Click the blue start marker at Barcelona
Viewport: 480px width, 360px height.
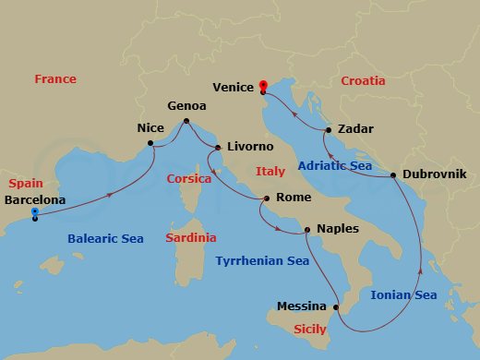(34, 213)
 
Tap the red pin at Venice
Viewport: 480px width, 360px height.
(263, 87)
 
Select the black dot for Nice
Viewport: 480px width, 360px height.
(150, 143)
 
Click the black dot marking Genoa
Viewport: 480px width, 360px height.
(186, 121)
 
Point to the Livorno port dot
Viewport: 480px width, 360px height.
(218, 148)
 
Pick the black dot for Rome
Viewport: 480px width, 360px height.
(267, 198)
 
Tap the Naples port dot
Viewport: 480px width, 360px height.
(307, 229)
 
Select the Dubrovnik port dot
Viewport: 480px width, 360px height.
(393, 174)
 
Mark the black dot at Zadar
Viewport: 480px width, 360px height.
(328, 131)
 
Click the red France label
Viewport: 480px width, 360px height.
(55, 79)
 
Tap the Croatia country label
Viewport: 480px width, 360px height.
(363, 81)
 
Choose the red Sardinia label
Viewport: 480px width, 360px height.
(191, 237)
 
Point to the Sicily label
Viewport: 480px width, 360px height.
(309, 329)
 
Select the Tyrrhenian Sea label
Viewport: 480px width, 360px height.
(262, 261)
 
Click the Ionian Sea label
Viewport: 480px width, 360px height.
(403, 295)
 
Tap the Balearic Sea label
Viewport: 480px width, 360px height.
(106, 239)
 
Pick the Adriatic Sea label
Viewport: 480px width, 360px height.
(335, 166)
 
